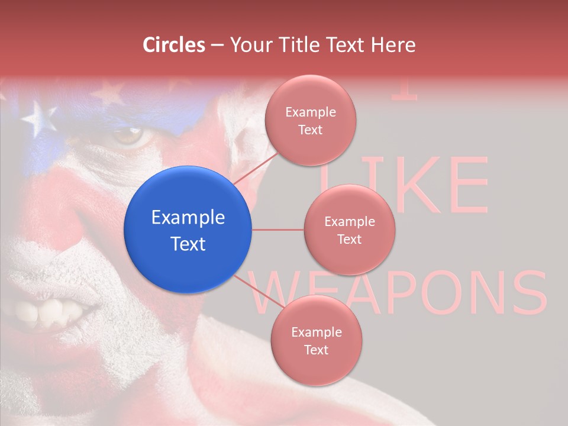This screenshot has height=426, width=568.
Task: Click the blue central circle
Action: pyautogui.click(x=188, y=230)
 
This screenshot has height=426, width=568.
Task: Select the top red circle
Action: pyautogui.click(x=310, y=121)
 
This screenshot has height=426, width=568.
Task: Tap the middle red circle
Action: pyautogui.click(x=350, y=230)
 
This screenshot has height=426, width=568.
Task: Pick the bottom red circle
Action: pyautogui.click(x=316, y=340)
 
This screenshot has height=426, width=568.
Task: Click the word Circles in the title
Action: pyautogui.click(x=173, y=44)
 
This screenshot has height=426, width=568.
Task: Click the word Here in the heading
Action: pyautogui.click(x=393, y=44)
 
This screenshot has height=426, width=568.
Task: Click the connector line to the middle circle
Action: pyautogui.click(x=278, y=230)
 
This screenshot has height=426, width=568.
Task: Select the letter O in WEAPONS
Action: pyautogui.click(x=430, y=293)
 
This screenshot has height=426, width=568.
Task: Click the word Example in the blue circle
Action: pyautogui.click(x=188, y=218)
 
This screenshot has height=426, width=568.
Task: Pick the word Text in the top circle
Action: pyautogui.click(x=310, y=130)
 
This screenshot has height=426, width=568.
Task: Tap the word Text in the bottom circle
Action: pyautogui.click(x=316, y=350)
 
